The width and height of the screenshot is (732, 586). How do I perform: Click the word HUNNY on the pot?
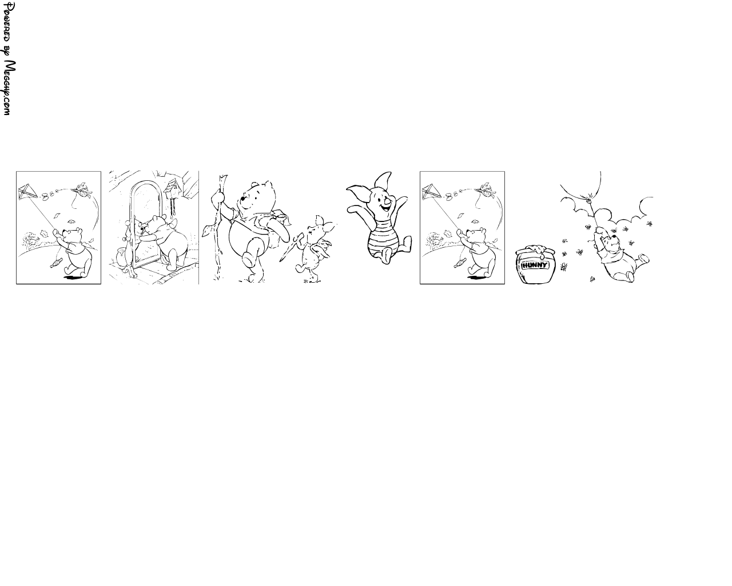[535, 265]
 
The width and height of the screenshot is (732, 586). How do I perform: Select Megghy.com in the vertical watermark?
[9, 88]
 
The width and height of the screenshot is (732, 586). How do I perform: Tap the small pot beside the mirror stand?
[121, 257]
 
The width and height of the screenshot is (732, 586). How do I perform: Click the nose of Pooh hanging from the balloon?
[614, 236]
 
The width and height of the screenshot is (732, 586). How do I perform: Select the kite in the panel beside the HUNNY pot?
[431, 192]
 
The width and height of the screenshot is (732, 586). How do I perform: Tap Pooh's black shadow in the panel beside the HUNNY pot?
[476, 278]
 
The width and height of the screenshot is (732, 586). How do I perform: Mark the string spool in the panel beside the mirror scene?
[56, 263]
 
